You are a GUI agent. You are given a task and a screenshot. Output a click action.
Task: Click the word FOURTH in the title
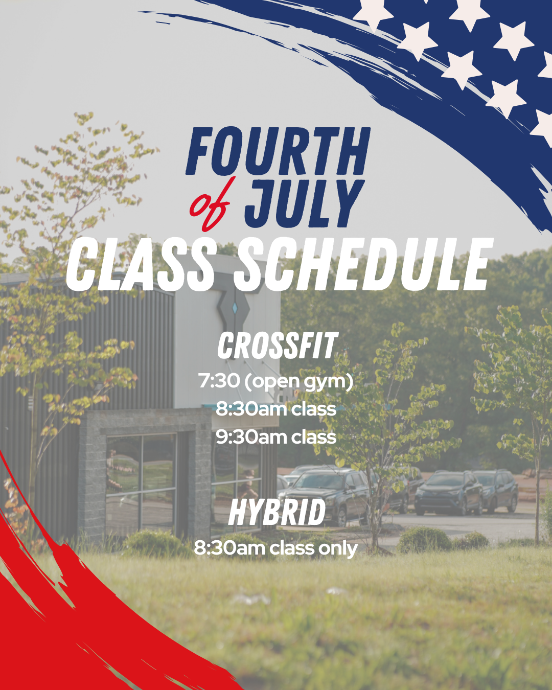[278, 151]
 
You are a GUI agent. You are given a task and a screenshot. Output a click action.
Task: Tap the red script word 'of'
[210, 204]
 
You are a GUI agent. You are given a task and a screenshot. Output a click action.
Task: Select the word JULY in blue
[305, 203]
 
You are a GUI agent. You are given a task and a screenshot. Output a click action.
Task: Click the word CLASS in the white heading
[141, 265]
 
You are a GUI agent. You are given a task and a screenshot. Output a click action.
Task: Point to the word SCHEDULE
[363, 265]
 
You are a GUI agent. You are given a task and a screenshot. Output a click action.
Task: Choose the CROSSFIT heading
[277, 346]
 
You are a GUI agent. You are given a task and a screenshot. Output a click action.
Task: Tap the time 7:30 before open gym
[219, 381]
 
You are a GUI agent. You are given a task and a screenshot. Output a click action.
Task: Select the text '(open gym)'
[298, 382]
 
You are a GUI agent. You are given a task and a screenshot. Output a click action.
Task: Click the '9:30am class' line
[276, 437]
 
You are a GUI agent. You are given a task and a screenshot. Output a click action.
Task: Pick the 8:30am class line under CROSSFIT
[276, 409]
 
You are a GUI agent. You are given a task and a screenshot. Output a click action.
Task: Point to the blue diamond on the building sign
[235, 308]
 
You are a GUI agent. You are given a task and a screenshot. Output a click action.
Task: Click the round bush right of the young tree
[424, 541]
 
